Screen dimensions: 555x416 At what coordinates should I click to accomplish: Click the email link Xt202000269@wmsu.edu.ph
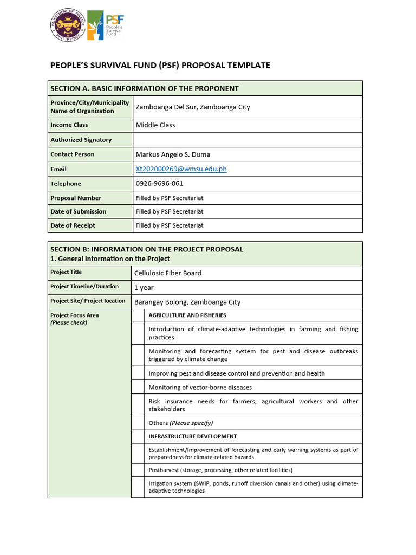point(181,169)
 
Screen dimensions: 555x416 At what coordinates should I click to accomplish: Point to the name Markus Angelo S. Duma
point(173,154)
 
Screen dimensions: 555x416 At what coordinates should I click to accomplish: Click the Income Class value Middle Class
point(155,125)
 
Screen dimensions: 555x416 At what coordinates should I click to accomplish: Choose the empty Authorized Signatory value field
point(248,140)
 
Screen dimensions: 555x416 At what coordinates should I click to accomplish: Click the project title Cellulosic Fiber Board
point(168,273)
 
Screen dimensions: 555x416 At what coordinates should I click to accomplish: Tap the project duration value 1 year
point(144,288)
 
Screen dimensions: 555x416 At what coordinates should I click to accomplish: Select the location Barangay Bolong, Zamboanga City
point(187,302)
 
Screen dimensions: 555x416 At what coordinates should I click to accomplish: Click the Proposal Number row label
point(76,198)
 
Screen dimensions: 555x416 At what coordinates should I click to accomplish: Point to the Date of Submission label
point(78,212)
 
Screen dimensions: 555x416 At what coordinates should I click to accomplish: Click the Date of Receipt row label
point(73,225)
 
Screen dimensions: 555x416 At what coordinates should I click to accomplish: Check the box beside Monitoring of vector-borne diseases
point(138,388)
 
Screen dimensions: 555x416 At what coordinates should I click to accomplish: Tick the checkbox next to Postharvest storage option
point(138,470)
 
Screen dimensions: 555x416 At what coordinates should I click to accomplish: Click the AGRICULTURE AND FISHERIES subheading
point(187,315)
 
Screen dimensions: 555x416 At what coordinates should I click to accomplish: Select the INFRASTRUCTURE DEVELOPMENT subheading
point(192,437)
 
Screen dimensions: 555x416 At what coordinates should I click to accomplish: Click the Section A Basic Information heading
point(145,88)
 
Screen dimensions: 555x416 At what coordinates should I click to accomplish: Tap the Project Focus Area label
point(75,315)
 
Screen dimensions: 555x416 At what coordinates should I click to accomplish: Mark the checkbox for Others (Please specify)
point(138,423)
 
